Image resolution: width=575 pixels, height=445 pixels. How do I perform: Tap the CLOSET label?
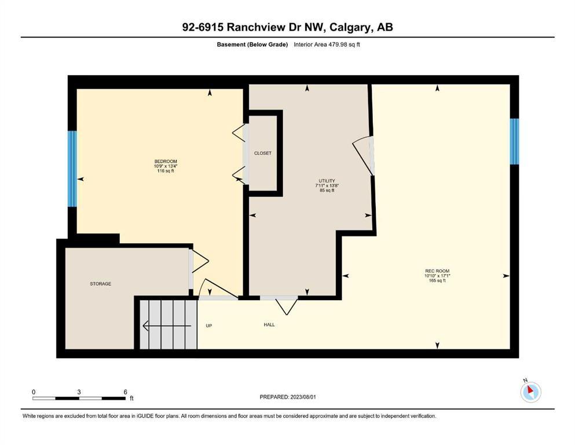[262, 153]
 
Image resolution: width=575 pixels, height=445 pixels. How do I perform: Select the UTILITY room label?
[323, 181]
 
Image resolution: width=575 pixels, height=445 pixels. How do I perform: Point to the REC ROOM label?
[437, 271]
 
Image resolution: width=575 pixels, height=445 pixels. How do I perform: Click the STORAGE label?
[100, 283]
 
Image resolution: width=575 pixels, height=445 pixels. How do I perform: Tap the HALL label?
[269, 324]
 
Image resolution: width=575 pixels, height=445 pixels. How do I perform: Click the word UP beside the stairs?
[209, 326]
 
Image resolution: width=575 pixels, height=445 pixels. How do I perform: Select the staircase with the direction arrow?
[168, 325]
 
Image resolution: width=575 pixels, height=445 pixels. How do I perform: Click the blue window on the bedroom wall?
[72, 169]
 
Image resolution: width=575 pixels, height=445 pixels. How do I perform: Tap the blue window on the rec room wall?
[514, 141]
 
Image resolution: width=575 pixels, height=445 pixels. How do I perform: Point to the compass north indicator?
[530, 392]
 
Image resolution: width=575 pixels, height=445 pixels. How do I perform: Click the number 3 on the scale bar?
[79, 392]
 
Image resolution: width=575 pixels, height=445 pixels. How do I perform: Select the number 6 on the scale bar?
[125, 392]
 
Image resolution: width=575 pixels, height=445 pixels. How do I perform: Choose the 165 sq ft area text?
[437, 281]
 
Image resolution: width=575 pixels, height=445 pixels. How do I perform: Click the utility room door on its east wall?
[367, 155]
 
